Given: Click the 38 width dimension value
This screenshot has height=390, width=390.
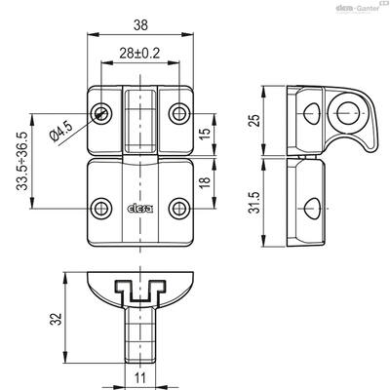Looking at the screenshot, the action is (x=140, y=25).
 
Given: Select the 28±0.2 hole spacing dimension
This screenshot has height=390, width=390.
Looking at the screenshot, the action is (x=139, y=54).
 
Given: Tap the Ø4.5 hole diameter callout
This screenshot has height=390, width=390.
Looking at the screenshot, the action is (x=61, y=133).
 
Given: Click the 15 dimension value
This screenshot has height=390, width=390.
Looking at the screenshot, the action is (x=205, y=134).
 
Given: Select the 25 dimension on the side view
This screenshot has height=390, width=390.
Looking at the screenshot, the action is (x=255, y=120).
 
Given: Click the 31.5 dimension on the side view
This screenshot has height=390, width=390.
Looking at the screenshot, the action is (x=255, y=202).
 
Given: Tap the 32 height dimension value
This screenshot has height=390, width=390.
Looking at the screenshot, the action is (x=56, y=319).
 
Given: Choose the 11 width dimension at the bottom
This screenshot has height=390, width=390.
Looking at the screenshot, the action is (x=140, y=378).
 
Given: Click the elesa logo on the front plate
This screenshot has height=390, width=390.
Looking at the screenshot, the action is (x=140, y=209).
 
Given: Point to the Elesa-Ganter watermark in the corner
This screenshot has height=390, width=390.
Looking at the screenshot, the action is (x=360, y=8).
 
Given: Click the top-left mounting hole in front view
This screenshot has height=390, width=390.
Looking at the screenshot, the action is (x=101, y=113).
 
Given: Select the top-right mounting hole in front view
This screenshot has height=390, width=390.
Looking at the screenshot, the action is (x=179, y=113).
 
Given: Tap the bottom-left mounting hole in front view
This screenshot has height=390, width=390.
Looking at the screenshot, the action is (x=101, y=208).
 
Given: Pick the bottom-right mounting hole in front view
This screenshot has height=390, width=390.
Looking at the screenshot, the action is (x=179, y=208).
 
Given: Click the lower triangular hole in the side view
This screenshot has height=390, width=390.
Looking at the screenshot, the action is (x=313, y=208).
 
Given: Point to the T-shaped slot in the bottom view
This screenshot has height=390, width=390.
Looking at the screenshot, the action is (x=140, y=291).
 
